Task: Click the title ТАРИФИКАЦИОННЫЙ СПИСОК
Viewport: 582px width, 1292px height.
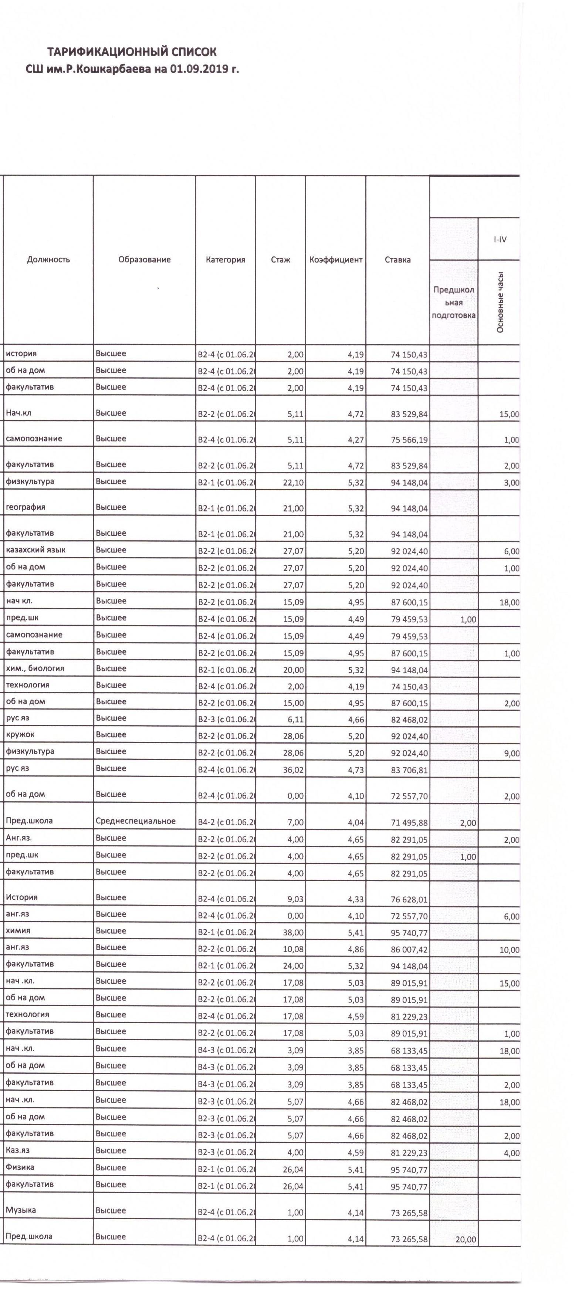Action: [132, 52]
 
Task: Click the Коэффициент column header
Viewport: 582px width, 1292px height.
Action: [336, 259]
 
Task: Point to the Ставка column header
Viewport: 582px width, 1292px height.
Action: [397, 259]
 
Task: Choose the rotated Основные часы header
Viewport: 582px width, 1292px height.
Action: [500, 302]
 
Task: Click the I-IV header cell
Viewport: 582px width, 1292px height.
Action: [500, 239]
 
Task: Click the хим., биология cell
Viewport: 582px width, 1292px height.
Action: [35, 669]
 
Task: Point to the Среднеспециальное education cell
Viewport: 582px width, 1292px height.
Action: [135, 821]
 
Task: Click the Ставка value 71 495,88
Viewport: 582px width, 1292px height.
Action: [409, 822]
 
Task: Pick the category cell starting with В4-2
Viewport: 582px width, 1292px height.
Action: [226, 822]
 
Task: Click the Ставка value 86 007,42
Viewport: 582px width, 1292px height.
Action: [409, 950]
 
